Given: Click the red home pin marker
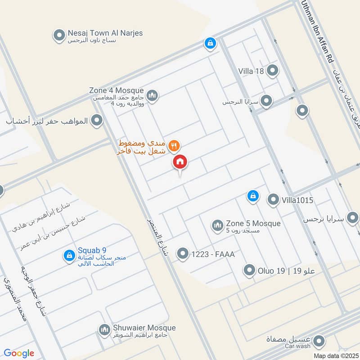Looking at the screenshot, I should [180, 162].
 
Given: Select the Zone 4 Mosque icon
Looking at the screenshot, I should [153, 95].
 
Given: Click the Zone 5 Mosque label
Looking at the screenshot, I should [253, 224].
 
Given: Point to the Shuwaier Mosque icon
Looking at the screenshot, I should [104, 330].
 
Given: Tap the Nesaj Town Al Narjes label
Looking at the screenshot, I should [105, 33].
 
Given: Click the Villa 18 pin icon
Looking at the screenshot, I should [272, 70].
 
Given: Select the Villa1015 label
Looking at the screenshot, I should [297, 200].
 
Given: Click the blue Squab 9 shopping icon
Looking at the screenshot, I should [69, 255].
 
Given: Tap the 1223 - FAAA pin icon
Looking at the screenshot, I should [182, 254].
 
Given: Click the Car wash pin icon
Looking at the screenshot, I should [319, 341].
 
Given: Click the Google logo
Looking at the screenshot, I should [19, 353].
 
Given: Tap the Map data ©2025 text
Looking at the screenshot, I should [336, 355].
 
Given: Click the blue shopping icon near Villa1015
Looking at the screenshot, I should [253, 196].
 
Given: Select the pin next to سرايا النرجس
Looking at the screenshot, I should [267, 101].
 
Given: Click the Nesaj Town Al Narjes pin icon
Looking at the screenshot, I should [58, 35].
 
